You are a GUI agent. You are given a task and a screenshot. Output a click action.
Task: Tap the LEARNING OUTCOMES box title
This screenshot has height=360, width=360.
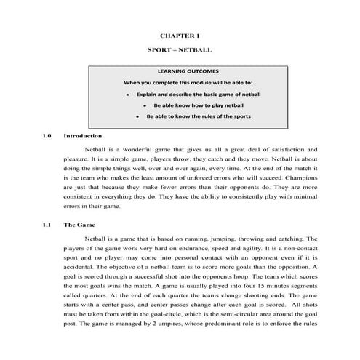point(188,72)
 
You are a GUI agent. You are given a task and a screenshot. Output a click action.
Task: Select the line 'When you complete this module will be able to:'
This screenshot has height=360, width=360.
point(188,83)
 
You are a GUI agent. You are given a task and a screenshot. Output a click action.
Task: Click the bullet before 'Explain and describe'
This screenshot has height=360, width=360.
point(127,95)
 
